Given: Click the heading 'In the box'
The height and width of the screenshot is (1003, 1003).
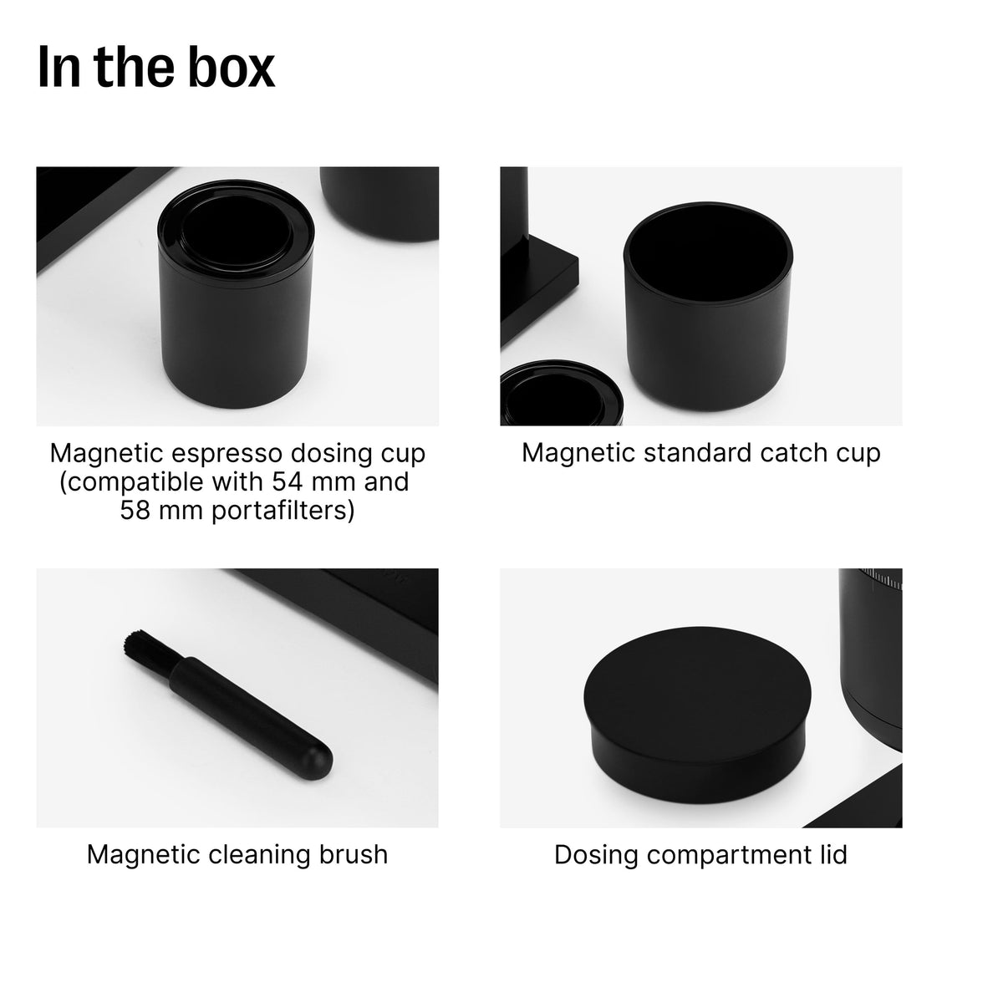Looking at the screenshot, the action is tap(156, 67).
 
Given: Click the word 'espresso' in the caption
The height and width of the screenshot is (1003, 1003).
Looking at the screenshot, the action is tap(227, 454).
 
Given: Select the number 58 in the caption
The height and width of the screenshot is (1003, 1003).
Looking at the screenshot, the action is tap(135, 510).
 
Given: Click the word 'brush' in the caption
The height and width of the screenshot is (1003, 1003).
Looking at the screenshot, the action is tap(354, 855).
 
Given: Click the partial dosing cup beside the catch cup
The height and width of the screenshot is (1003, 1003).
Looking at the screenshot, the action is tap(561, 394).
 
